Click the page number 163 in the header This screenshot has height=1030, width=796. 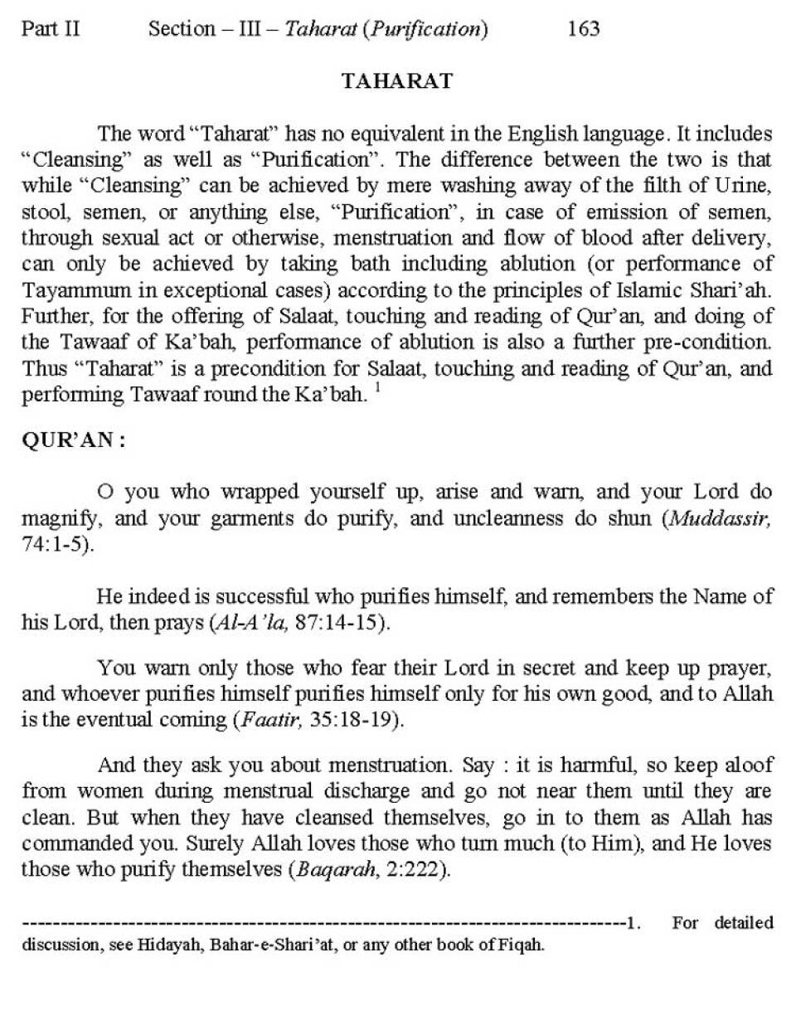pos(583,29)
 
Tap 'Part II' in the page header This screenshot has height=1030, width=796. pos(51,29)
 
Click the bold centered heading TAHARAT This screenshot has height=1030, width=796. pos(397,80)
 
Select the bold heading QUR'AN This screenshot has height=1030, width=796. pos(73,440)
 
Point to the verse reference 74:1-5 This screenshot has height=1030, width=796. pos(56,546)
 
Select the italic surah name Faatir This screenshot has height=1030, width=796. pos(265,720)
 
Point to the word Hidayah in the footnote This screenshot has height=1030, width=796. pos(171,945)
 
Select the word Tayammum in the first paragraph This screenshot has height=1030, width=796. pos(72,291)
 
